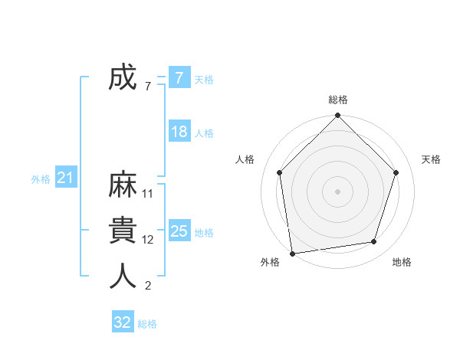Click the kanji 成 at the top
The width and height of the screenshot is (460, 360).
click(x=123, y=78)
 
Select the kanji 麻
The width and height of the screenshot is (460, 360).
click(x=123, y=186)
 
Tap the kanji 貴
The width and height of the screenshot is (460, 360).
click(x=123, y=231)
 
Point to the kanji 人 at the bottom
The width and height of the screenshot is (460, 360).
click(x=123, y=277)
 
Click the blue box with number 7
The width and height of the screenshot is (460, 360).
click(x=179, y=78)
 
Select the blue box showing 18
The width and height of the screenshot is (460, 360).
click(x=179, y=132)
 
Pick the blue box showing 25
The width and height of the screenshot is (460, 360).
click(x=179, y=231)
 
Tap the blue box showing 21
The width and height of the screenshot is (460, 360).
click(x=65, y=178)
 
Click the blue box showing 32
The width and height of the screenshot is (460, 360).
click(x=123, y=322)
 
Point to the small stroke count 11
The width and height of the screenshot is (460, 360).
click(x=148, y=194)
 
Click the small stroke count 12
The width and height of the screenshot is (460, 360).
click(x=148, y=240)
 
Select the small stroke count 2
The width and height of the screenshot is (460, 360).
click(x=148, y=286)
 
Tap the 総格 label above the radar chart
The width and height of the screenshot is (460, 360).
click(x=337, y=100)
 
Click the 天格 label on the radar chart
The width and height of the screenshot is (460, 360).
click(x=431, y=159)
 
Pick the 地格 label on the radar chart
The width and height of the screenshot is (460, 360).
click(x=402, y=262)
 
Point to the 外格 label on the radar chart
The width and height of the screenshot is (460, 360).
click(x=270, y=262)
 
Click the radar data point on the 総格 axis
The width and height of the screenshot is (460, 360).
click(x=337, y=116)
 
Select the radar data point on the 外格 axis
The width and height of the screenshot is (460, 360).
click(x=292, y=252)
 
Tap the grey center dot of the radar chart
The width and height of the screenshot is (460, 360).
click(x=337, y=191)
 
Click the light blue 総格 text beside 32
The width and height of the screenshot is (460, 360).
click(x=147, y=324)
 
